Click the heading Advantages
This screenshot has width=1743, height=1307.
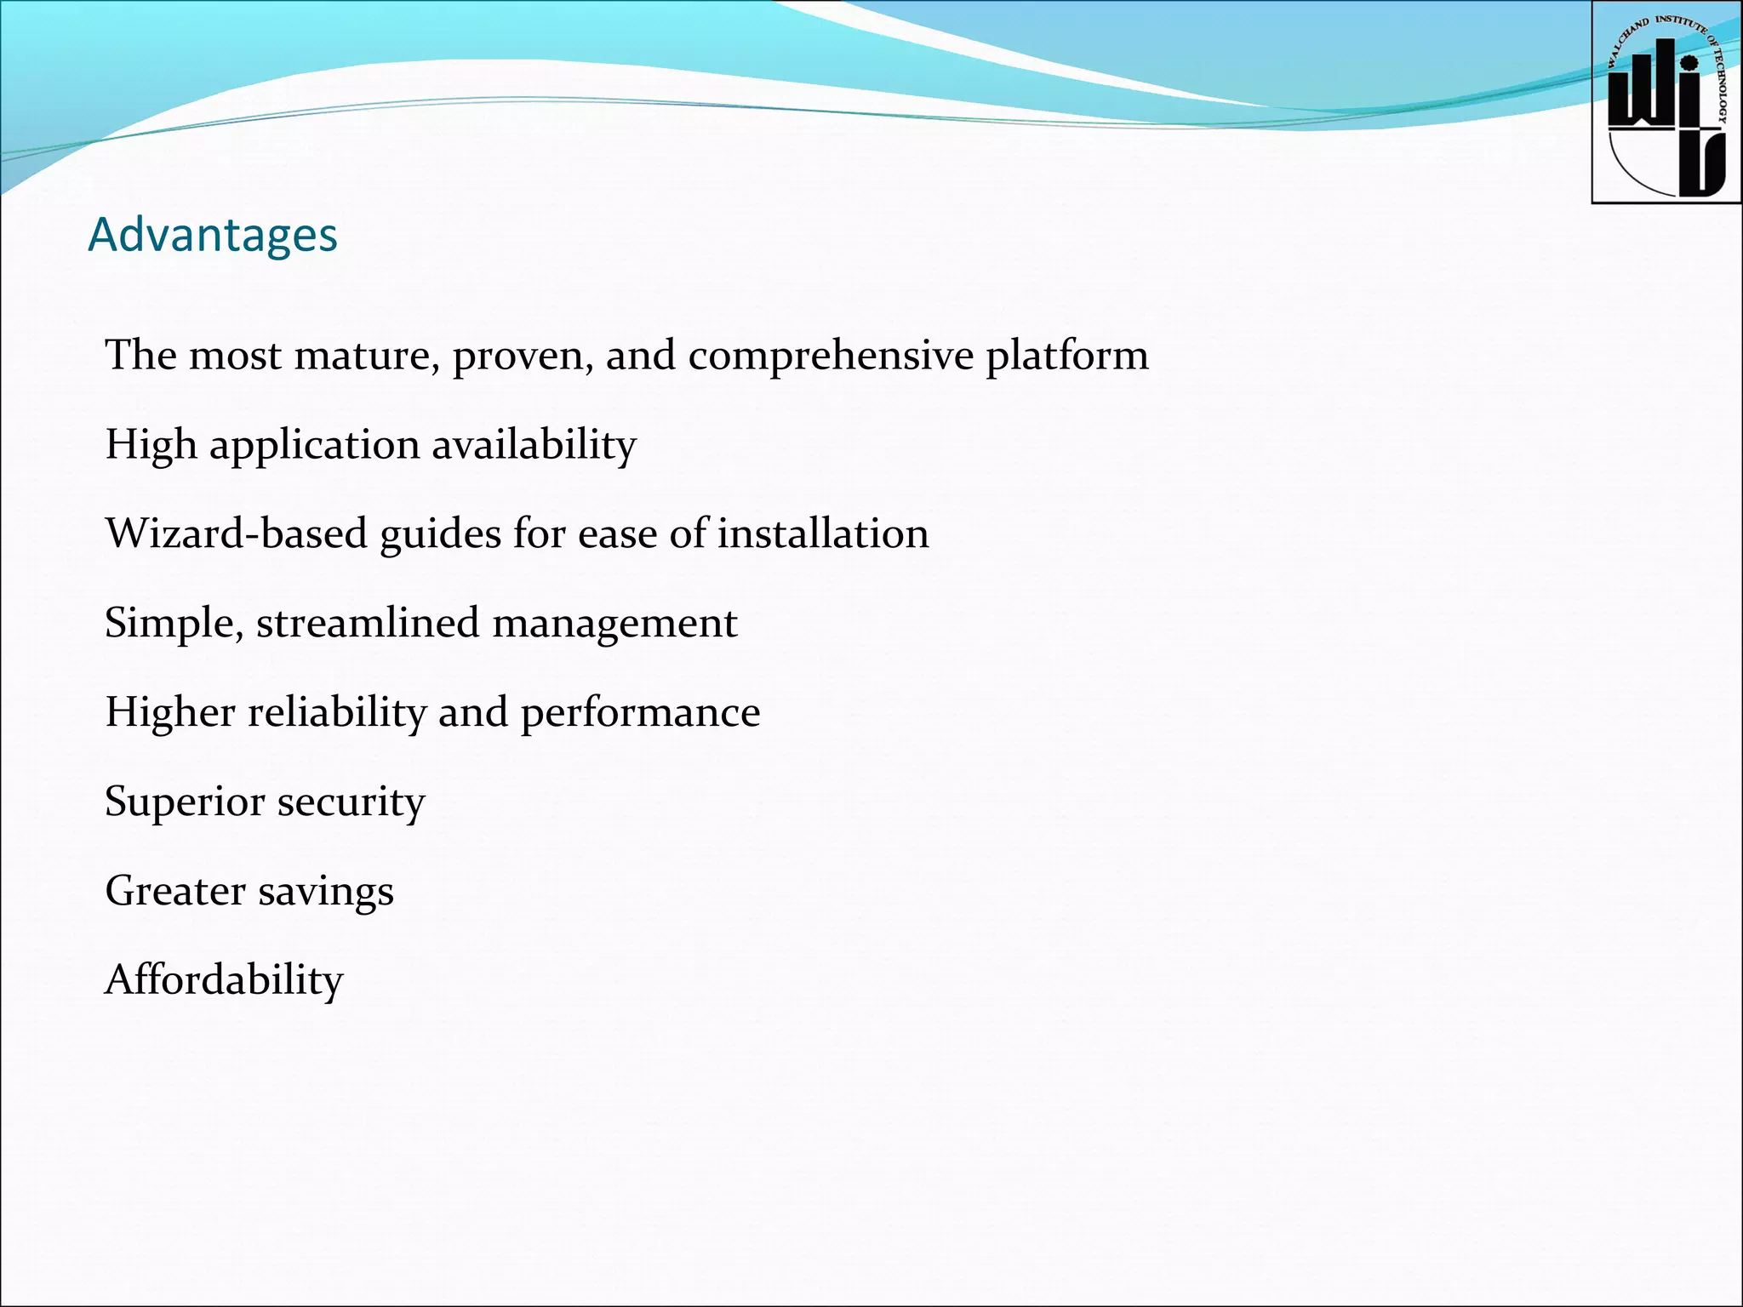coord(213,235)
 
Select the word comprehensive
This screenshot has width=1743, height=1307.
coord(831,355)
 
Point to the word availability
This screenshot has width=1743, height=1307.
coord(534,445)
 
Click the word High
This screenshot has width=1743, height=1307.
coord(151,445)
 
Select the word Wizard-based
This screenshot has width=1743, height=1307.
coord(236,534)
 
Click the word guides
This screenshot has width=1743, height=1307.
coord(440,535)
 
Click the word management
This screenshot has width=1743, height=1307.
coord(614,625)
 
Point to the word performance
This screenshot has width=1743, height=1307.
coord(640,714)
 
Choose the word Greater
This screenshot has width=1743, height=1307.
coord(175,891)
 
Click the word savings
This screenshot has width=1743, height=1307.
coord(326,893)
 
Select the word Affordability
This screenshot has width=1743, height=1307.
coord(224,980)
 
